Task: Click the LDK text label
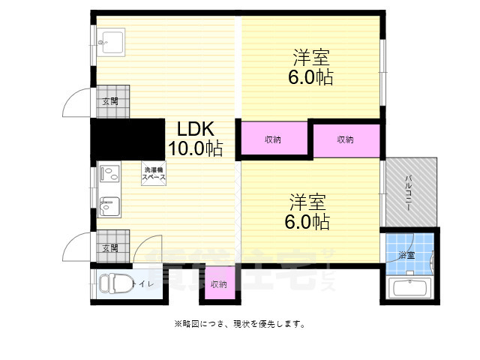click(194, 129)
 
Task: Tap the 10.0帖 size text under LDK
click(195, 148)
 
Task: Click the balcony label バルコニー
click(409, 192)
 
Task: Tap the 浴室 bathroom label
click(406, 256)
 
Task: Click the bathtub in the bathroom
click(409, 288)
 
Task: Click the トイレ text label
click(142, 283)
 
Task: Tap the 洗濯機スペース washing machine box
click(154, 172)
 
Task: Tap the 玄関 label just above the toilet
click(110, 247)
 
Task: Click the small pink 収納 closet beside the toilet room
click(219, 284)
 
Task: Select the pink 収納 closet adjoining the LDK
click(273, 139)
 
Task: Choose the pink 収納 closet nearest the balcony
click(346, 139)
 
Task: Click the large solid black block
click(127, 139)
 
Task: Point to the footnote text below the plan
click(239, 324)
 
